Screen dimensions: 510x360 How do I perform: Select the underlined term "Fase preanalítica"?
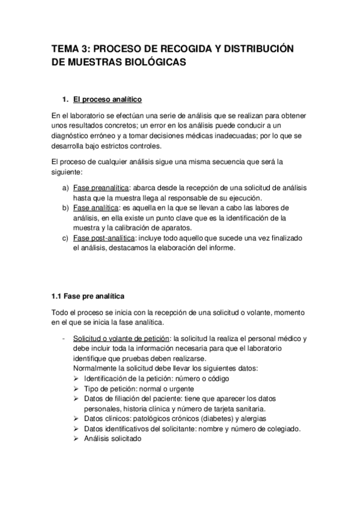100,187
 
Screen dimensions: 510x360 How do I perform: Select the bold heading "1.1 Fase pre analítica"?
87,296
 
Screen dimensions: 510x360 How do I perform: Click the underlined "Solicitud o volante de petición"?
122,338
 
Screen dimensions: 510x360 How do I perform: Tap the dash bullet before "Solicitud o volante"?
64,338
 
